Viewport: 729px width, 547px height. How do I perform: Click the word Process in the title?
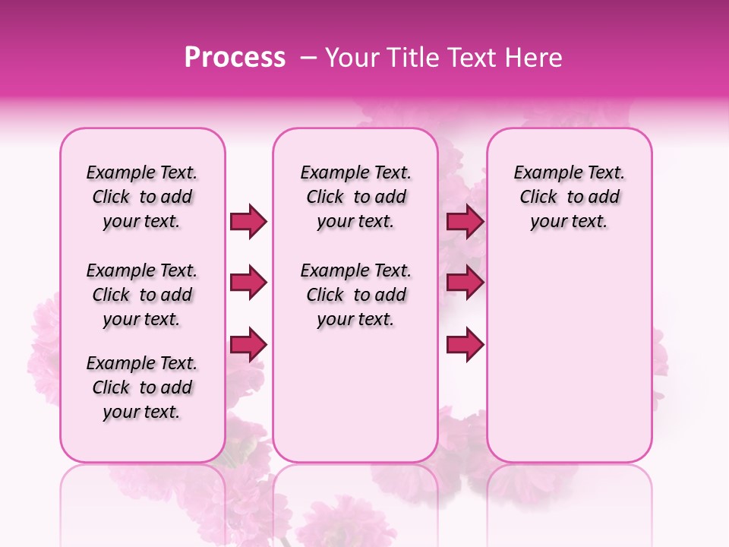pos(235,58)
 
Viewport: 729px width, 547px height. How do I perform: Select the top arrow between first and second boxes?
pos(248,221)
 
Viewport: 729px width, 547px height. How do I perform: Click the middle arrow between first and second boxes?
pos(248,283)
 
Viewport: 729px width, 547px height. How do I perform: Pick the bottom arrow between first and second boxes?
pos(248,344)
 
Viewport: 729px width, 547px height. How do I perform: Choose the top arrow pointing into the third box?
pos(465,221)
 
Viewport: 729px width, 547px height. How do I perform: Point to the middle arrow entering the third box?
pos(465,283)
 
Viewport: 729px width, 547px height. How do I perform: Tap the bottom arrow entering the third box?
pos(465,344)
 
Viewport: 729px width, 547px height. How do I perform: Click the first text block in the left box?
pos(142,197)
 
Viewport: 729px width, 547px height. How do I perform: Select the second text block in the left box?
pos(142,295)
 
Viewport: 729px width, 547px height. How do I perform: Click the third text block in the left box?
pos(142,387)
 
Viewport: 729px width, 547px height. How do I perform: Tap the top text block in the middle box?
pos(355,197)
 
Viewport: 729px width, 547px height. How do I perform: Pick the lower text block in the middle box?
pos(355,295)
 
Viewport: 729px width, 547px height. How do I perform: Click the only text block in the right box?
pos(569,197)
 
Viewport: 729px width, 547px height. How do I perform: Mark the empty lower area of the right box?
pos(569,349)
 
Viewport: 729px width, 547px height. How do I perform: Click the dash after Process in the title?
pos(308,58)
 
